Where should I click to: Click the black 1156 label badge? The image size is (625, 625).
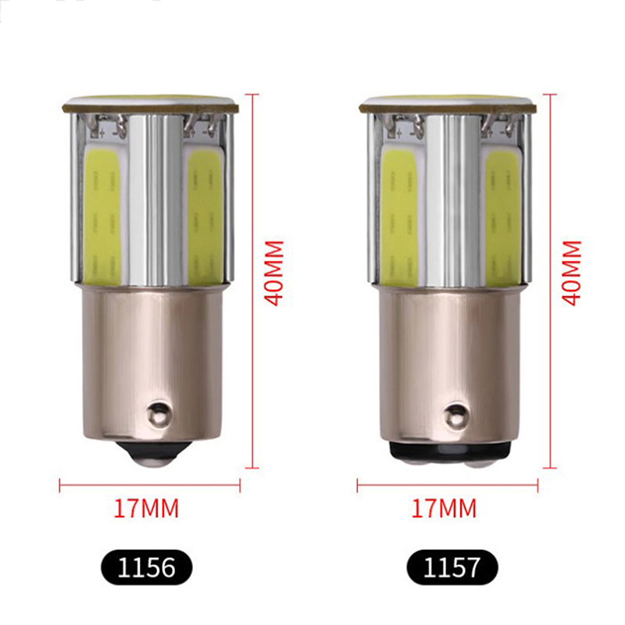(x=147, y=567)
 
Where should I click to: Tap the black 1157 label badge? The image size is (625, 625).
(x=452, y=567)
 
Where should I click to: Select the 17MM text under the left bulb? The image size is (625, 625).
(x=147, y=509)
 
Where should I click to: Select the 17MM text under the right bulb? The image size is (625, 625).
(x=444, y=509)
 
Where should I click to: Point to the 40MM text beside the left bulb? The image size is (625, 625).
(x=274, y=273)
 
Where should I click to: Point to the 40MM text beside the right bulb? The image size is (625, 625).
(x=572, y=273)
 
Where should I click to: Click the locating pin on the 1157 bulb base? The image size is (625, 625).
(x=455, y=415)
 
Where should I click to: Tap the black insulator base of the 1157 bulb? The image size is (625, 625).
(x=448, y=452)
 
